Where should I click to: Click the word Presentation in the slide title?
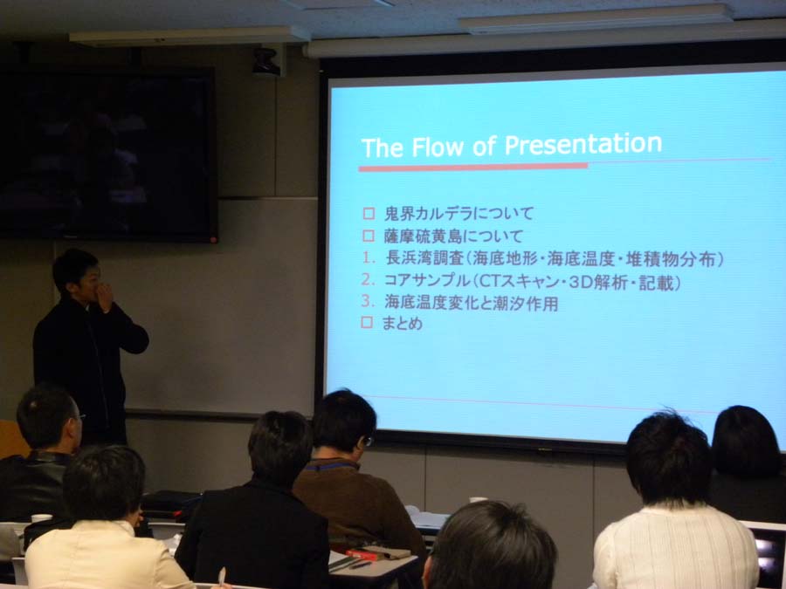point(583,145)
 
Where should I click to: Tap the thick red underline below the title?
point(472,167)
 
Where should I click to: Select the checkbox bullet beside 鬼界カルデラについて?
point(369,214)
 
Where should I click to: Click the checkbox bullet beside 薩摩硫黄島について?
point(369,236)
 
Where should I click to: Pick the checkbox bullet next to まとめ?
point(367,323)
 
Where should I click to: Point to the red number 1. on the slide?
point(369,258)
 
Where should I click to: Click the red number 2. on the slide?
point(368,280)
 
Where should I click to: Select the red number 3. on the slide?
point(368,301)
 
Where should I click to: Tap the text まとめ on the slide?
point(402,323)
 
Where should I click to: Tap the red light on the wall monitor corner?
point(214,239)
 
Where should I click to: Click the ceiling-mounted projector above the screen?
point(266,62)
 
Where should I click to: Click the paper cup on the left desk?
point(41,518)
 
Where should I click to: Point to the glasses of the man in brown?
point(368,441)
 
